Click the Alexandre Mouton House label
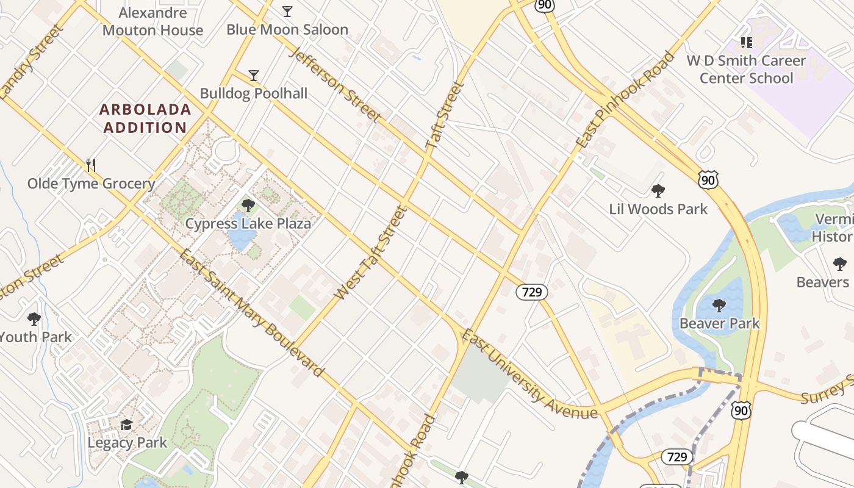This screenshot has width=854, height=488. coord(152,21)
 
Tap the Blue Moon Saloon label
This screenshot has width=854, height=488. coord(287,29)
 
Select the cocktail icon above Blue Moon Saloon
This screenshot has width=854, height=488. coord(287,11)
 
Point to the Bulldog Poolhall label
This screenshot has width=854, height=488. coord(254,93)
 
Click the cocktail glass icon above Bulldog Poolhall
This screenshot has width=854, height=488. coord(254,76)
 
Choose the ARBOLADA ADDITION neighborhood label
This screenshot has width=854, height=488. coord(145,118)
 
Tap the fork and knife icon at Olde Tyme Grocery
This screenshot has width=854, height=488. coord(91,165)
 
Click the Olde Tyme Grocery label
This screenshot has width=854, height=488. coord(91,184)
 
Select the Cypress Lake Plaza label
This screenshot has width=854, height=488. coord(248,223)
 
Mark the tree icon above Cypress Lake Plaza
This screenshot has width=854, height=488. coord(248,205)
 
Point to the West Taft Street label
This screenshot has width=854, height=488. coord(370,253)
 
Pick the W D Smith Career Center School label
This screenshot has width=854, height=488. coord(746,70)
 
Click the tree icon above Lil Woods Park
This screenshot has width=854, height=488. coord(658,191)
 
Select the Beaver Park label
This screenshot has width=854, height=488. coord(720,323)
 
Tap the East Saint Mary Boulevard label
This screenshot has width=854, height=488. coord(251,312)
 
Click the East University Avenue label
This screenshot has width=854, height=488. coord(529,375)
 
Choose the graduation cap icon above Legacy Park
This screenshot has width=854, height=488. coord(127,425)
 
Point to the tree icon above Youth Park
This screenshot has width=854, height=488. coord(34,318)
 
